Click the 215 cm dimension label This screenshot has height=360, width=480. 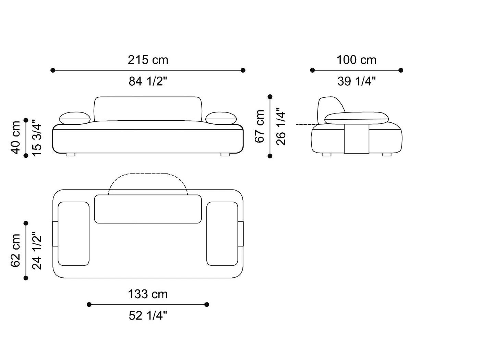click(148, 60)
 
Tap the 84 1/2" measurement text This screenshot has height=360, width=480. click(148, 81)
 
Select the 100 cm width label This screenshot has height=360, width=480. click(357, 60)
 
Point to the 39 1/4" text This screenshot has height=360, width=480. click(357, 81)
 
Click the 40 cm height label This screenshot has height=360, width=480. click(15, 138)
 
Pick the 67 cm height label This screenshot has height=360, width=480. click(260, 126)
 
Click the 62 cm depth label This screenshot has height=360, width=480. click(15, 251)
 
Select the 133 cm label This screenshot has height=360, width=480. click(148, 294)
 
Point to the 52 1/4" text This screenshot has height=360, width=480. click(148, 316)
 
